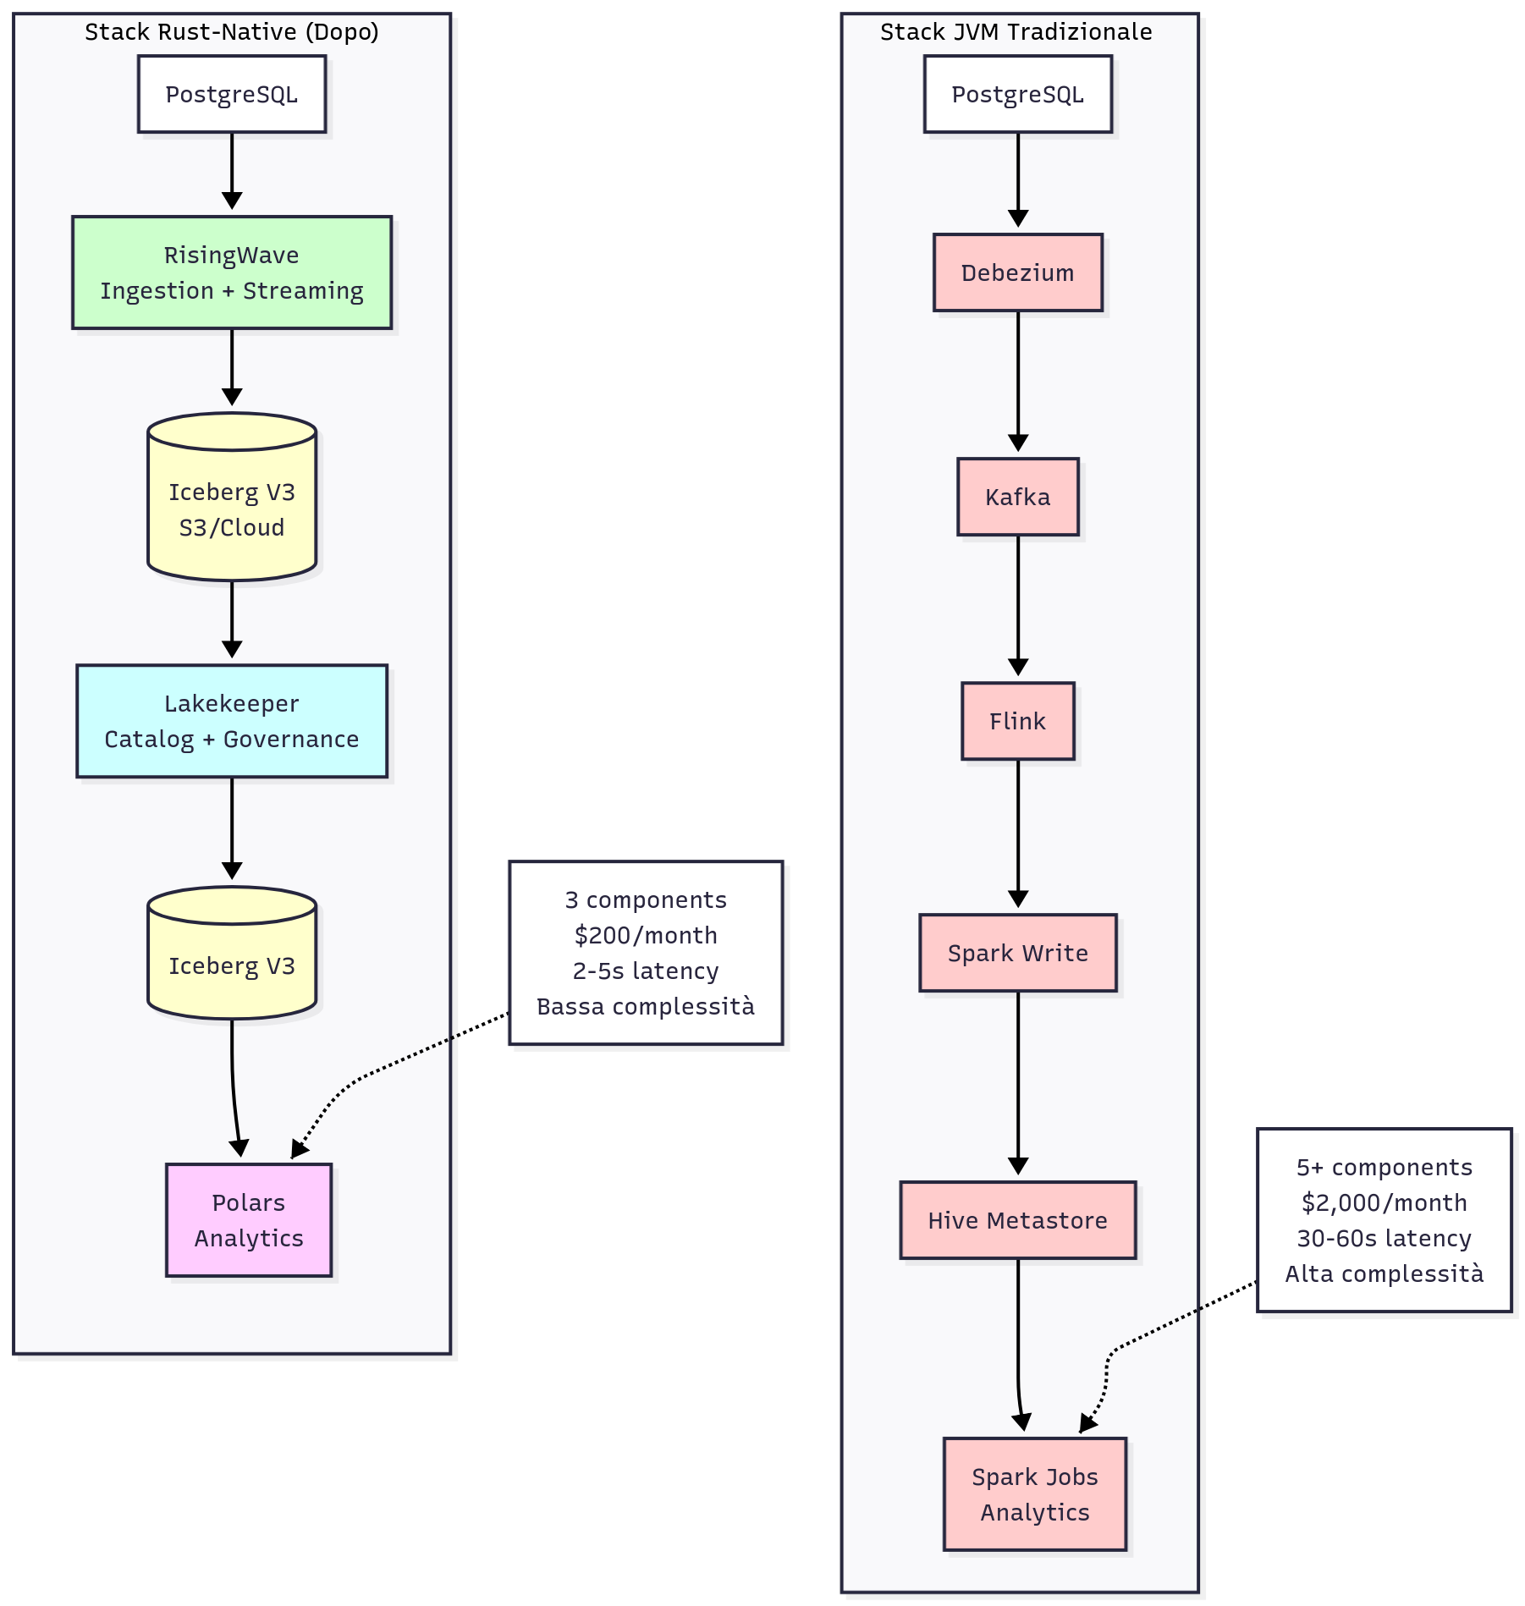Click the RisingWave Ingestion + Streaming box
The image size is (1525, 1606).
tap(231, 272)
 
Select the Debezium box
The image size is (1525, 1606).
tap(1017, 272)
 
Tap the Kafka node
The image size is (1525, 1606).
tap(1017, 497)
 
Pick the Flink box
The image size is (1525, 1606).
tap(1017, 721)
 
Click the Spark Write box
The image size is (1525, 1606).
tap(1017, 953)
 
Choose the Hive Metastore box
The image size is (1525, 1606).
tap(1017, 1220)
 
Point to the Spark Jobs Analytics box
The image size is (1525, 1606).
tap(1034, 1494)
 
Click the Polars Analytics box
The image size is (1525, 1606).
tap(248, 1220)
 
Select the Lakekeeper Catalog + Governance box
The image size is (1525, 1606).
tap(231, 721)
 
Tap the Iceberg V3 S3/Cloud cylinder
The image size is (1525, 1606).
tap(231, 508)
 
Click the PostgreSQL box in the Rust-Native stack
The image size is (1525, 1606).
tap(231, 94)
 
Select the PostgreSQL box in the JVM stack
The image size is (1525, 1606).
tap(1017, 94)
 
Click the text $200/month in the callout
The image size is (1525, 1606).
tap(645, 935)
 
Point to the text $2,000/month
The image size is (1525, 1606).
tap(1384, 1202)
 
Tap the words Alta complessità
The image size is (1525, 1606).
tap(1384, 1273)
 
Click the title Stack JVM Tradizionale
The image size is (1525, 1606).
tap(1016, 32)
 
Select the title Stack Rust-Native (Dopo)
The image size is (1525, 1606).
tap(231, 32)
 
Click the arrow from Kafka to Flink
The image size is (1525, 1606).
tap(1017, 605)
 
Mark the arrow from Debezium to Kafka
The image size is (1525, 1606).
tap(1017, 381)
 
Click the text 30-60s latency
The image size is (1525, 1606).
tap(1384, 1238)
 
